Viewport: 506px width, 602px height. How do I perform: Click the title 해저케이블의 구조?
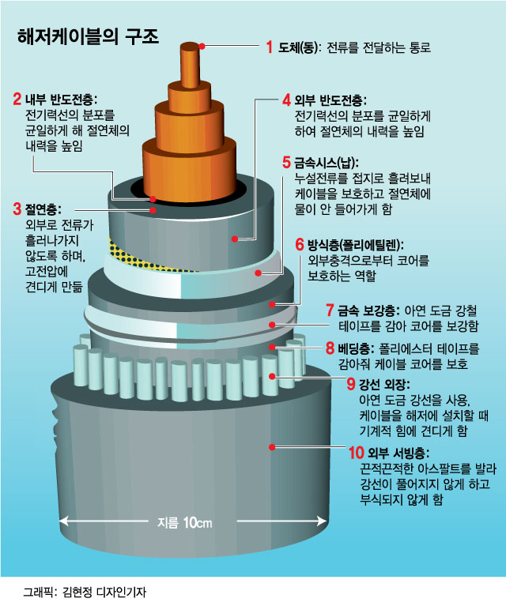[88, 37]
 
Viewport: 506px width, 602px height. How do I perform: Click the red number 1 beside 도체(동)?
[270, 47]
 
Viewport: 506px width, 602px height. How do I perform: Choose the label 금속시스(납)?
[326, 163]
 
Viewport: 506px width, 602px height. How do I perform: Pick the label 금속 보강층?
[368, 310]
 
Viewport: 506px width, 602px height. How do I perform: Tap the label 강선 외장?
[384, 383]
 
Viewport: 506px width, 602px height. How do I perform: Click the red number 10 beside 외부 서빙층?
[356, 453]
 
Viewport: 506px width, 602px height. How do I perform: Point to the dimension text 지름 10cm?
[185, 522]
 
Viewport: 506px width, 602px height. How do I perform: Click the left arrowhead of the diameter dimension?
[64, 521]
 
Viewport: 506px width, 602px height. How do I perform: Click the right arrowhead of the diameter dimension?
[321, 521]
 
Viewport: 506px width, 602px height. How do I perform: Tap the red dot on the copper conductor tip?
[202, 46]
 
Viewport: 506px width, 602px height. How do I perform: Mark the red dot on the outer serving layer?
[272, 447]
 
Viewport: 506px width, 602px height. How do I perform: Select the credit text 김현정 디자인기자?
[104, 592]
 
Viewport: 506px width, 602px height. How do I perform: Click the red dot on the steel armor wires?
[272, 377]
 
